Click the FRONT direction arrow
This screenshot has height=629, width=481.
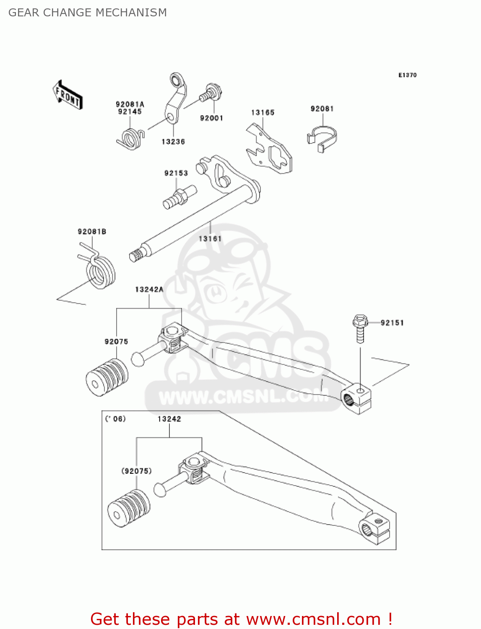point(68,95)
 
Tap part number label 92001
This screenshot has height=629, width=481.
point(211,118)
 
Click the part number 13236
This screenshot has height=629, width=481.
point(173,142)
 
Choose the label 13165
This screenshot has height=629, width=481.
point(263,112)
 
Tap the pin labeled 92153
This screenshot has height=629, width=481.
point(179,197)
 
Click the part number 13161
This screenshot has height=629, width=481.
point(210,239)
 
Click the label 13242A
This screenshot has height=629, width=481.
point(149,289)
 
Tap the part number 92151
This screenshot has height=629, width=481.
point(392,323)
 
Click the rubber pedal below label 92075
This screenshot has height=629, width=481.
point(107,377)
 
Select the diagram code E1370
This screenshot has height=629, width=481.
point(407,75)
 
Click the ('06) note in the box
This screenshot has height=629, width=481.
point(115,418)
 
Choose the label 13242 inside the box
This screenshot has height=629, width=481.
point(169,419)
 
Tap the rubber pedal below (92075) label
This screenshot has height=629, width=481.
point(128,508)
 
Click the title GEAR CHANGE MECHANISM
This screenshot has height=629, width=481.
point(88,13)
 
